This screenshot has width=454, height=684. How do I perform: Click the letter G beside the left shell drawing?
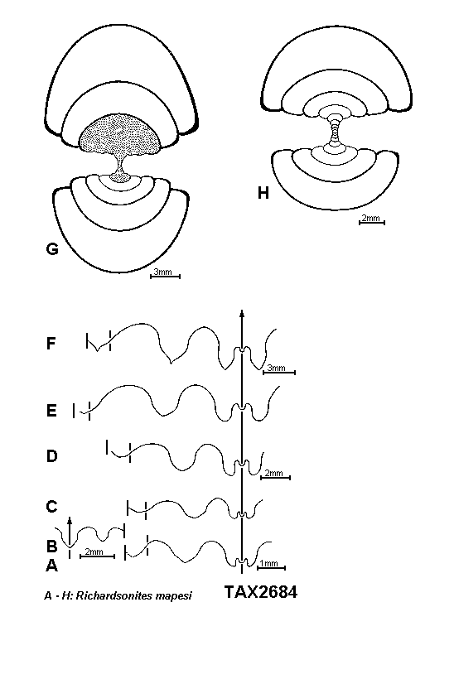[52, 249]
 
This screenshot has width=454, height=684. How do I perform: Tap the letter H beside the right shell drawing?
[263, 192]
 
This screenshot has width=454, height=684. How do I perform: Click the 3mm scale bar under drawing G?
[165, 276]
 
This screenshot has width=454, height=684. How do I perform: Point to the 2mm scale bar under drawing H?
[371, 223]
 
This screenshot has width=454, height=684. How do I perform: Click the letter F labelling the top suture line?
[51, 344]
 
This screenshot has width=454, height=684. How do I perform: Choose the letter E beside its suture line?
[51, 411]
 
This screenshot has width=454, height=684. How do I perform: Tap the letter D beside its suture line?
[52, 456]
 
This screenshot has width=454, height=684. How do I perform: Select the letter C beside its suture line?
[51, 507]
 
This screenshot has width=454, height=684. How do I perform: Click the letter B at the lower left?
[51, 546]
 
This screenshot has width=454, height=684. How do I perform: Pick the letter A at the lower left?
[51, 566]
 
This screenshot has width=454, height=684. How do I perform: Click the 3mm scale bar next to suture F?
[279, 372]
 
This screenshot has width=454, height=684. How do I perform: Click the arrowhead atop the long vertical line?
[242, 312]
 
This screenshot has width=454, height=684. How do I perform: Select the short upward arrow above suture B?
[70, 532]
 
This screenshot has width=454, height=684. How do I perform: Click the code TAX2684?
[261, 592]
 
